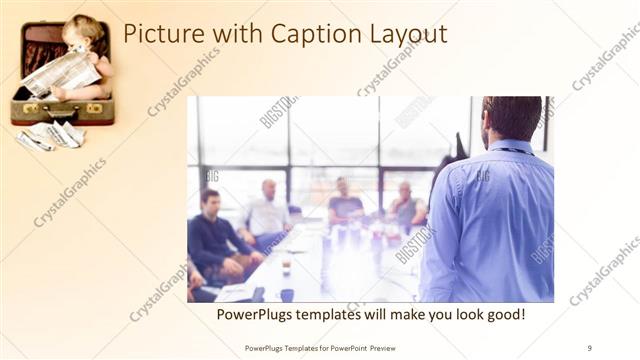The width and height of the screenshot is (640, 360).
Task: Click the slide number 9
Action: [x=589, y=347]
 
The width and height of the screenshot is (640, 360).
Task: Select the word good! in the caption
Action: [x=503, y=314]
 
